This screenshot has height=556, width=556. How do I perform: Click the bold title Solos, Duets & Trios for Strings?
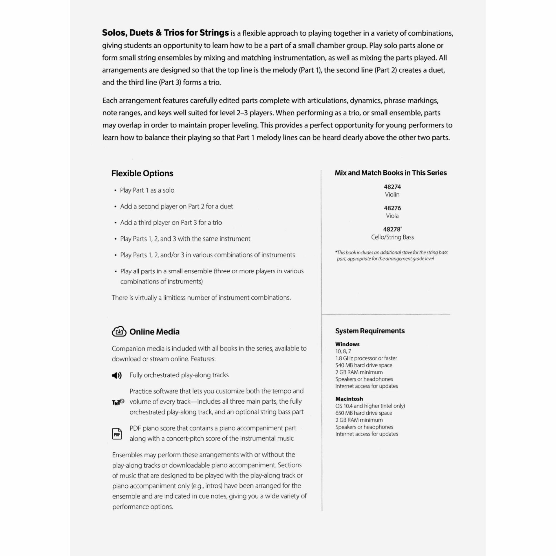[x=165, y=33]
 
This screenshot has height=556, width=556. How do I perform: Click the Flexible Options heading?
[x=142, y=173]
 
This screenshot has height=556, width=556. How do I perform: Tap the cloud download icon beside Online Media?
[x=119, y=331]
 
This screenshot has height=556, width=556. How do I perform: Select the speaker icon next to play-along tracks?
[x=117, y=375]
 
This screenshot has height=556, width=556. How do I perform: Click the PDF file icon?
[x=117, y=434]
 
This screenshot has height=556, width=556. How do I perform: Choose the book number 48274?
[x=392, y=187]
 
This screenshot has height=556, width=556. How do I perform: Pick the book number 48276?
[x=392, y=208]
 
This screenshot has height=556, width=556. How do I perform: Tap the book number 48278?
[x=392, y=229]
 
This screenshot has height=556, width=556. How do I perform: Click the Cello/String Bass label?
[x=392, y=237]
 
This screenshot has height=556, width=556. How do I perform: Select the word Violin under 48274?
[x=392, y=195]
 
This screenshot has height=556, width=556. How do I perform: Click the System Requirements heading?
[x=370, y=331]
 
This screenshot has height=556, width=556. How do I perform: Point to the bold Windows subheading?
[x=347, y=344]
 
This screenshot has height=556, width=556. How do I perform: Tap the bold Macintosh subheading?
[x=349, y=399]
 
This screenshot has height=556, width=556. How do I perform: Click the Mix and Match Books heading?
[x=391, y=173]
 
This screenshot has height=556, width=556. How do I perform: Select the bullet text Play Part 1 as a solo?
[x=147, y=190]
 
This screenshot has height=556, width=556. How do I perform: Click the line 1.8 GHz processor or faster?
[x=366, y=358]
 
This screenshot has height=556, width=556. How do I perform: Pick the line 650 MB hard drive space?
[x=364, y=413]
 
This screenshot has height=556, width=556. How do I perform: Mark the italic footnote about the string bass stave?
[x=391, y=255]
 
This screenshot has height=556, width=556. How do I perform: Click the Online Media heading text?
[x=154, y=332]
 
